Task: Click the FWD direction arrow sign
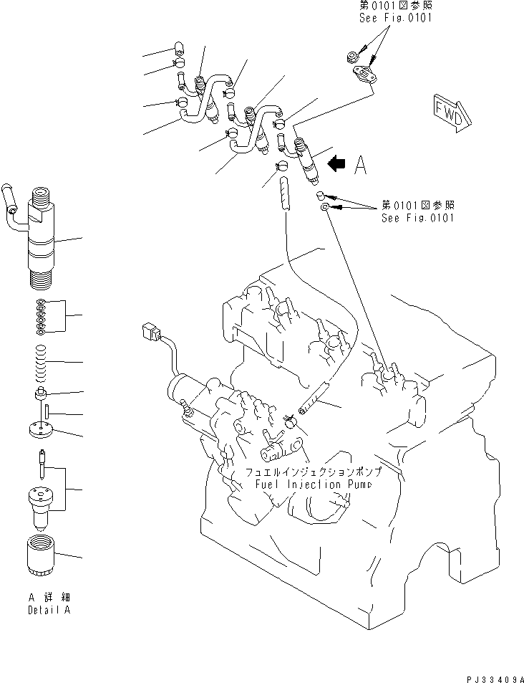click(x=448, y=111)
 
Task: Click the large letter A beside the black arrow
click(x=360, y=166)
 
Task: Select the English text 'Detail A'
click(x=49, y=610)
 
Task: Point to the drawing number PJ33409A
click(x=494, y=677)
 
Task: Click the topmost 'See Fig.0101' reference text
click(x=395, y=18)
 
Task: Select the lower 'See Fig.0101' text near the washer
click(x=417, y=218)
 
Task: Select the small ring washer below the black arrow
click(x=326, y=208)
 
